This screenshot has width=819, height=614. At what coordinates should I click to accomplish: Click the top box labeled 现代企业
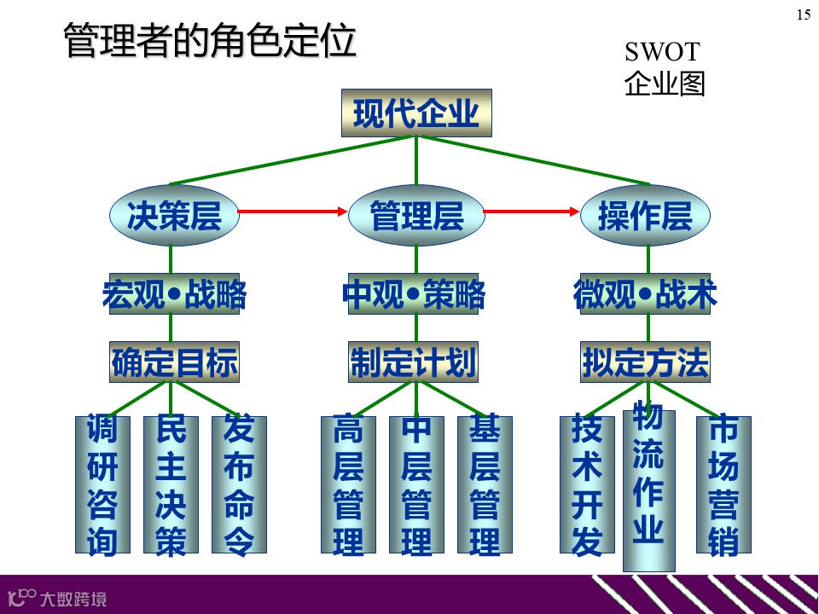(x=416, y=113)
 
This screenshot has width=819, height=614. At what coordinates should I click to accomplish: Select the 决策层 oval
(x=174, y=215)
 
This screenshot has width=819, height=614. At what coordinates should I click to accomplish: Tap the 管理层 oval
(x=416, y=215)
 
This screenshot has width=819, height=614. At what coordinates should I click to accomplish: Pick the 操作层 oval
(x=645, y=215)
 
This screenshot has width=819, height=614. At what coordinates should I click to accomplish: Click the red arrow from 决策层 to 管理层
(x=293, y=211)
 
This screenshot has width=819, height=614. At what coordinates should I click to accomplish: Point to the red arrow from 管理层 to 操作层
(x=531, y=211)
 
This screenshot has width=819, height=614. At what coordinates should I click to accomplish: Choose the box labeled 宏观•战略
(x=174, y=294)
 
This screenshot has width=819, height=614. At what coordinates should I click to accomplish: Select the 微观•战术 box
(x=645, y=294)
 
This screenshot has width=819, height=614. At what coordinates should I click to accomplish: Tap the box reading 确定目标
(x=174, y=362)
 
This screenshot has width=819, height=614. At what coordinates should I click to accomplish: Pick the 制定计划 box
(x=413, y=362)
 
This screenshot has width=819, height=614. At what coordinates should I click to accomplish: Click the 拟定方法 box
(x=645, y=362)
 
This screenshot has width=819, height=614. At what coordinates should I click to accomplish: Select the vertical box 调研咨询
(x=102, y=484)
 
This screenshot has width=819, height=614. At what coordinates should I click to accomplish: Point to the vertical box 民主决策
(x=171, y=484)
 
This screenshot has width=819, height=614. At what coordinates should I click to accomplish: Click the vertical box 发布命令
(x=239, y=484)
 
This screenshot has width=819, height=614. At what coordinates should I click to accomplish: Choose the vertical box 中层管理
(x=416, y=484)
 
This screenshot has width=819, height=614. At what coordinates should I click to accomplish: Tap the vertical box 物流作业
(x=648, y=489)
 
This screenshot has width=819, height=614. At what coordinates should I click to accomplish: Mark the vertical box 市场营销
(x=723, y=484)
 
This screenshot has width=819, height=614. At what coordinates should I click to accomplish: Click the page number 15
(x=803, y=14)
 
